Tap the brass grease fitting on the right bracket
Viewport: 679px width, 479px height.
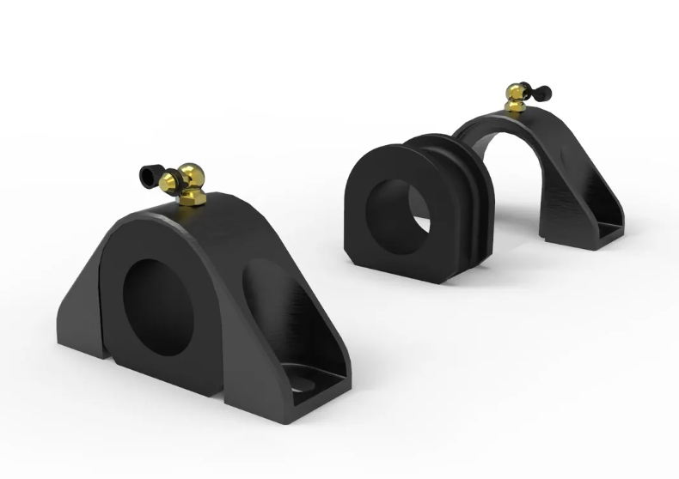(517, 96)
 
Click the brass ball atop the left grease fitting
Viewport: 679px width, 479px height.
(191, 172)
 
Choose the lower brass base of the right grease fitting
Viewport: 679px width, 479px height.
(514, 106)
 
